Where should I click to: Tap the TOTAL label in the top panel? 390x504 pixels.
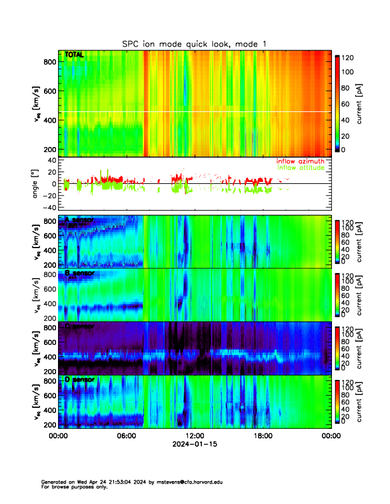(75, 55)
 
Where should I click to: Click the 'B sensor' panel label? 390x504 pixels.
(80, 273)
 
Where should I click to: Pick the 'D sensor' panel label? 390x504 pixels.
(80, 380)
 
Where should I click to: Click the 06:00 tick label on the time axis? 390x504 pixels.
(126, 437)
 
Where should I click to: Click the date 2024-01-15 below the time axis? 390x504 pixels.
(194, 444)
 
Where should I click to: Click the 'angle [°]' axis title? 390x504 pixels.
(36, 184)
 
